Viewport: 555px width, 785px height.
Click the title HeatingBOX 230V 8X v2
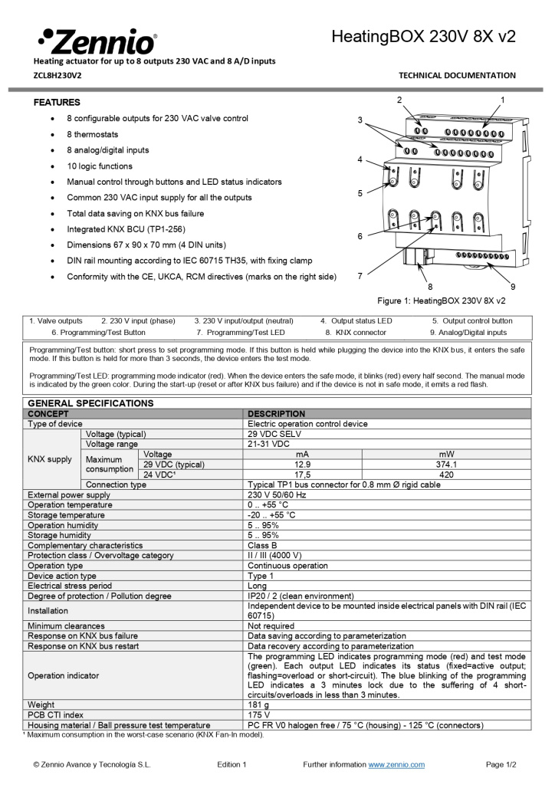point(423,37)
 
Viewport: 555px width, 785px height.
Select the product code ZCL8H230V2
point(57,75)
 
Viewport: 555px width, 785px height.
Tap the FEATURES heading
point(57,102)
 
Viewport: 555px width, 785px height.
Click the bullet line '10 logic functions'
point(99,166)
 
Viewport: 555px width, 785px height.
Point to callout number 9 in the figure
point(512,287)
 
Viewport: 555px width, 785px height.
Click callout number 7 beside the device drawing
point(360,275)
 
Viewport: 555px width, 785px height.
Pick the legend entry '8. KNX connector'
point(356,333)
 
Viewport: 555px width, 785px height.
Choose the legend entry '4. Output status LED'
point(356,320)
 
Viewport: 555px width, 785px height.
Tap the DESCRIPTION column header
point(277,414)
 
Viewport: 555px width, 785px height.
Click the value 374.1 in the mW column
point(445,465)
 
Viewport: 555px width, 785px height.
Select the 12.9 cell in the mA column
point(302,465)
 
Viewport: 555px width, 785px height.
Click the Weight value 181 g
point(258,705)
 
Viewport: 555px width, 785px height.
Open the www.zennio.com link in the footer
point(396,764)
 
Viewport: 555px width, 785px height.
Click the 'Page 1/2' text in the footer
point(501,764)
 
